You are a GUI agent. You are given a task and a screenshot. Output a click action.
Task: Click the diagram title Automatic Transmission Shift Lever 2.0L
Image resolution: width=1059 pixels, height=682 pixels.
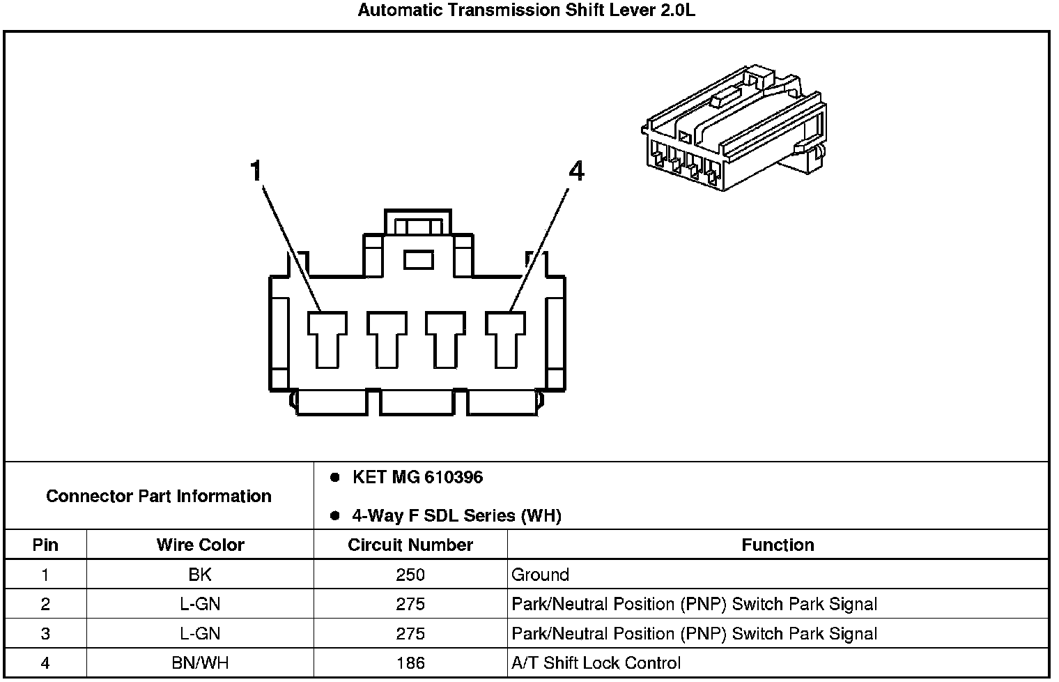coord(526,10)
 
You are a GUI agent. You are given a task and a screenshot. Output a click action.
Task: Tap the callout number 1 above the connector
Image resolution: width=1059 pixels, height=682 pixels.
coord(257,170)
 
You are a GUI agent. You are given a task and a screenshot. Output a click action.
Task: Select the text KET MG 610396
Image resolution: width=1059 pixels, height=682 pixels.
coord(417,478)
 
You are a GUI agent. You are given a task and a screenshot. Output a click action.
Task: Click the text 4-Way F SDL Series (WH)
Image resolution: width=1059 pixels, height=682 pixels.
coord(456,516)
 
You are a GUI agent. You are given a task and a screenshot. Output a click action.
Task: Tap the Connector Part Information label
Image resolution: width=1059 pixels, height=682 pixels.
coord(159,497)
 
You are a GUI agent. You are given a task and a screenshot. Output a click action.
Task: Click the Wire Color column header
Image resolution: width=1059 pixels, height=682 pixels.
coord(200,545)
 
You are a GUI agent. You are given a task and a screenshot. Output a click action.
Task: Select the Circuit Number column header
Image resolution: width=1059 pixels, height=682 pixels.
coord(410,545)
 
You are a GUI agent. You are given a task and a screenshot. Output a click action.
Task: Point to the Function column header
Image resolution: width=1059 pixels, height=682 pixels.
coord(778,545)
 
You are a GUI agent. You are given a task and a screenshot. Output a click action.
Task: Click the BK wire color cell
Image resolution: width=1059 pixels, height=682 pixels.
coord(200,575)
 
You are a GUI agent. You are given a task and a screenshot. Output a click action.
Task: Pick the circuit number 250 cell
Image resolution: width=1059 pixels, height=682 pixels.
coord(410,575)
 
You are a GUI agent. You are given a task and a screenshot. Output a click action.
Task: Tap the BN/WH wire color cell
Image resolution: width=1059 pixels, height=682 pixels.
coord(200,662)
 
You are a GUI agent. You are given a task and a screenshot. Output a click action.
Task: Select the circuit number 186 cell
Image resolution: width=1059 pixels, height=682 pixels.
coord(410,662)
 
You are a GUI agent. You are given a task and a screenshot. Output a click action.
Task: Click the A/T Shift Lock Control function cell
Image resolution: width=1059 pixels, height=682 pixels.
coord(596,662)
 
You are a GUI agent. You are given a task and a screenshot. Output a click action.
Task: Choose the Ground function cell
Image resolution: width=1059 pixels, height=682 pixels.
coord(541,575)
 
